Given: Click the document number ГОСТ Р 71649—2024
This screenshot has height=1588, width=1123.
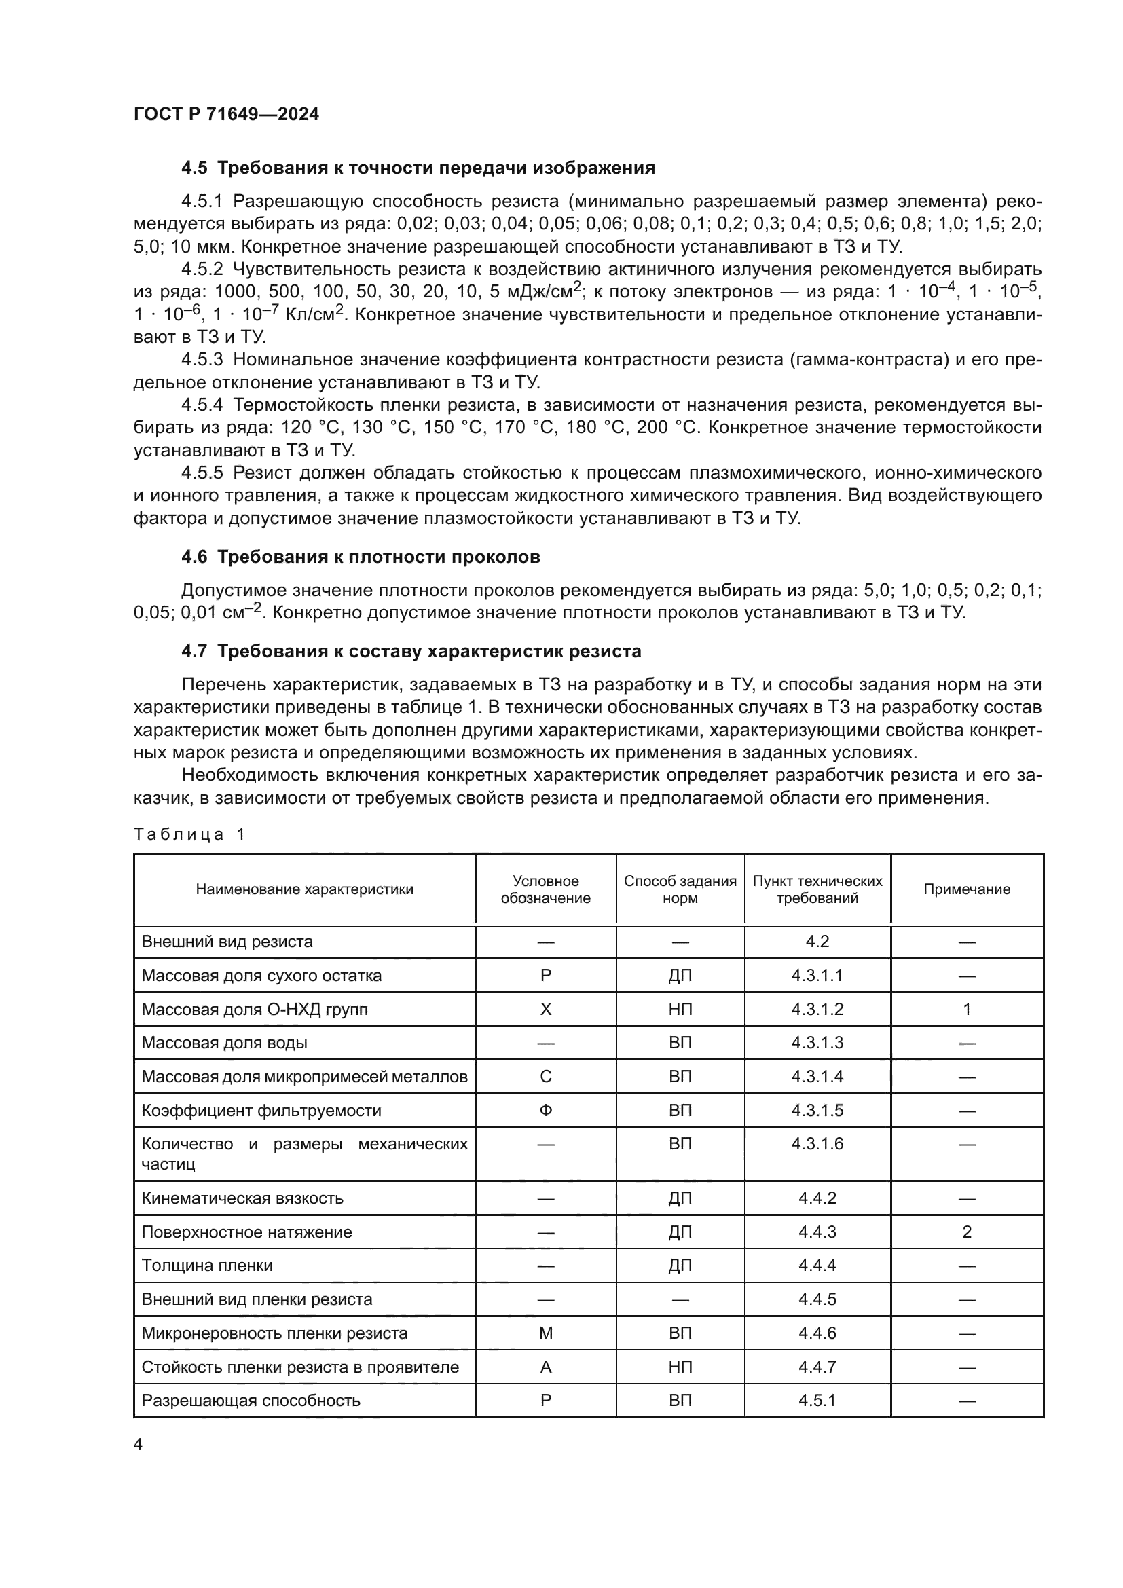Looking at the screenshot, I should click(x=226, y=115).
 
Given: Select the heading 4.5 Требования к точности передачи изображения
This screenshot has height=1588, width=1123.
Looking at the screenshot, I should click(x=418, y=168).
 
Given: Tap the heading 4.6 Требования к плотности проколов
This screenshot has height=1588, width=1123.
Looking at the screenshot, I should click(x=361, y=557).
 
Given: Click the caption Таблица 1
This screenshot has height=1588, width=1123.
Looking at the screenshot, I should click(x=189, y=834).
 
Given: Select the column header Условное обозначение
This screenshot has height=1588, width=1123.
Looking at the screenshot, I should click(x=546, y=889).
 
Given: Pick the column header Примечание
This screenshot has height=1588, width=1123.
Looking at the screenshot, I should click(x=967, y=889).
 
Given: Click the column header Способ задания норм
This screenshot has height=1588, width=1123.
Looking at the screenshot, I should click(x=680, y=889).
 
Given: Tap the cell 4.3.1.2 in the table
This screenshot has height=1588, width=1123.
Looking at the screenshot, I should click(x=817, y=1009).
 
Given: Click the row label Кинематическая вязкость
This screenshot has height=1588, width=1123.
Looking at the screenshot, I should click(x=242, y=1198).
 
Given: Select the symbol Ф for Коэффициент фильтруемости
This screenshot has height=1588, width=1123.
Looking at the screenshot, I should click(x=546, y=1110).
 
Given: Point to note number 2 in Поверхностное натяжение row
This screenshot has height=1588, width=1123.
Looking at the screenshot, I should click(x=967, y=1232).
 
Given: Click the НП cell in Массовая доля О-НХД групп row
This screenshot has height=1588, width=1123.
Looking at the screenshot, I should click(x=680, y=1009).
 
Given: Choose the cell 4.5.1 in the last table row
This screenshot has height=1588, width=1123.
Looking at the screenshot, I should click(x=817, y=1401).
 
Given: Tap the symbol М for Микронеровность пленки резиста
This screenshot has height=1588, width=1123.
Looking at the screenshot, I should click(x=546, y=1333).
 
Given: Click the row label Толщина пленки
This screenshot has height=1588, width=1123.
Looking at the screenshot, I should click(x=207, y=1265).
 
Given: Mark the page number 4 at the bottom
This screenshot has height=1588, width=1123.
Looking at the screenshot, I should click(x=138, y=1445).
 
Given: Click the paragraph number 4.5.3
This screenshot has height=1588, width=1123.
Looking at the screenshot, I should click(x=202, y=360).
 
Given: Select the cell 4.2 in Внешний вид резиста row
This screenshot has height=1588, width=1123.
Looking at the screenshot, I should click(x=817, y=941).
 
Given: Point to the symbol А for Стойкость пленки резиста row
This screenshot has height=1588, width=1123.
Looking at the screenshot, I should click(x=546, y=1367).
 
